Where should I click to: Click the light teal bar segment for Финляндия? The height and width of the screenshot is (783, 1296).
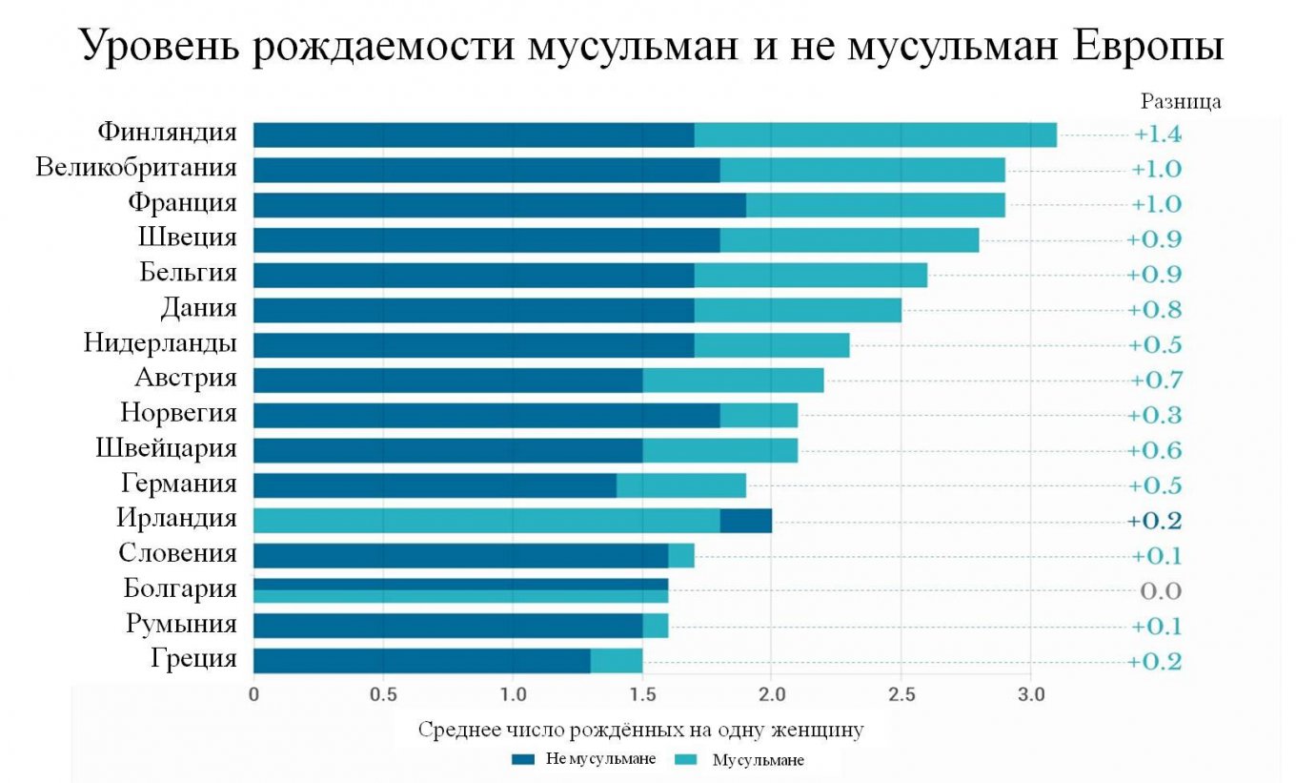click(x=875, y=135)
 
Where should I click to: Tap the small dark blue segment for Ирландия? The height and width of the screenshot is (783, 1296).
click(x=745, y=521)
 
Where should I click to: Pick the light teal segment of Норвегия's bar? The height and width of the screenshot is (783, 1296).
click(x=759, y=415)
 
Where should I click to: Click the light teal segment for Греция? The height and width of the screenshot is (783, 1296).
click(x=616, y=661)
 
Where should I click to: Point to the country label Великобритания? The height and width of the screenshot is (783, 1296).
click(x=136, y=169)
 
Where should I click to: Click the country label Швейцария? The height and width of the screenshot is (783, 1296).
click(x=167, y=449)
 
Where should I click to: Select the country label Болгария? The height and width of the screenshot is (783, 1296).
click(x=180, y=589)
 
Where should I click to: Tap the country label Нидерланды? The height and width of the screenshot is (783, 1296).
click(x=160, y=343)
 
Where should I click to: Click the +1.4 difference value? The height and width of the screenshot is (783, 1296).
click(x=1157, y=134)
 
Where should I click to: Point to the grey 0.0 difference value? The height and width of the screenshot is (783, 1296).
click(x=1161, y=591)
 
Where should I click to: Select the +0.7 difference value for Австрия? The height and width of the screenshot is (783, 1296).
click(x=1157, y=381)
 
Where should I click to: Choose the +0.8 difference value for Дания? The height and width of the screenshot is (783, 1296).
click(x=1156, y=310)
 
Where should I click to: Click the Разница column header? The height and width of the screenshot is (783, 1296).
click(x=1180, y=101)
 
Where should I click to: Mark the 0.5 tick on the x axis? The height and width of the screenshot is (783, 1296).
click(x=383, y=693)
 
